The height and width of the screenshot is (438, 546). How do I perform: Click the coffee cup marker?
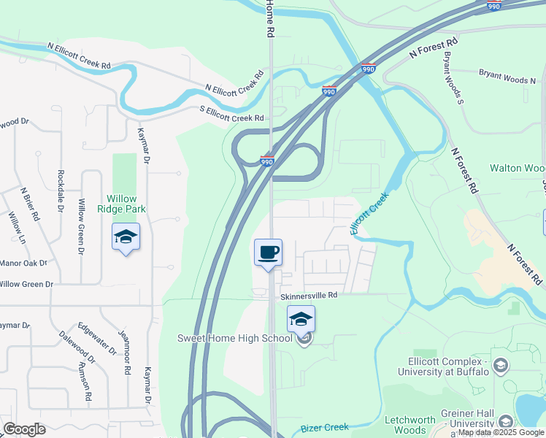coord(268,253)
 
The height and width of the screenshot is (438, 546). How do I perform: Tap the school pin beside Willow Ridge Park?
coord(126,237)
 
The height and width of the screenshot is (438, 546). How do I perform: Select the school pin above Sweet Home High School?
coord(300,320)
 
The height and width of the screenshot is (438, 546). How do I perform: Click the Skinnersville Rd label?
coord(309,296)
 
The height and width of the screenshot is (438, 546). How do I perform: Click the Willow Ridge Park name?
coord(126,204)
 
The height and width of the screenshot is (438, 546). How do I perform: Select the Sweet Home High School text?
coord(235,338)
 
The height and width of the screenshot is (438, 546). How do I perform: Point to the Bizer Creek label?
coord(325,428)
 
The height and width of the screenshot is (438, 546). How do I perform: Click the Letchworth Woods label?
coord(410,425)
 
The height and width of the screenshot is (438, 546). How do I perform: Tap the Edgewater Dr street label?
coord(97,337)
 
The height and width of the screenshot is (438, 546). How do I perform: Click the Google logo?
coord(24,429)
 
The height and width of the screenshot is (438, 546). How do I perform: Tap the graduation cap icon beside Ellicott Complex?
coord(501,364)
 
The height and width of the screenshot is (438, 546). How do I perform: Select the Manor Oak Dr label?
coord(23,262)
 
